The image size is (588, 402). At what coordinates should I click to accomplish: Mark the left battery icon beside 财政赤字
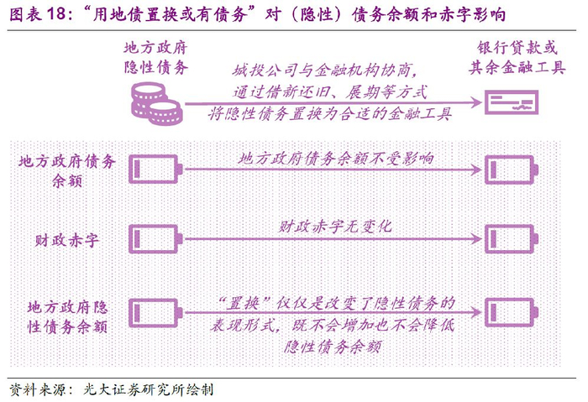point(155,239)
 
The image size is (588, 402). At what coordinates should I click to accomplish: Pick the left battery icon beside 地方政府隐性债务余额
point(155,312)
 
